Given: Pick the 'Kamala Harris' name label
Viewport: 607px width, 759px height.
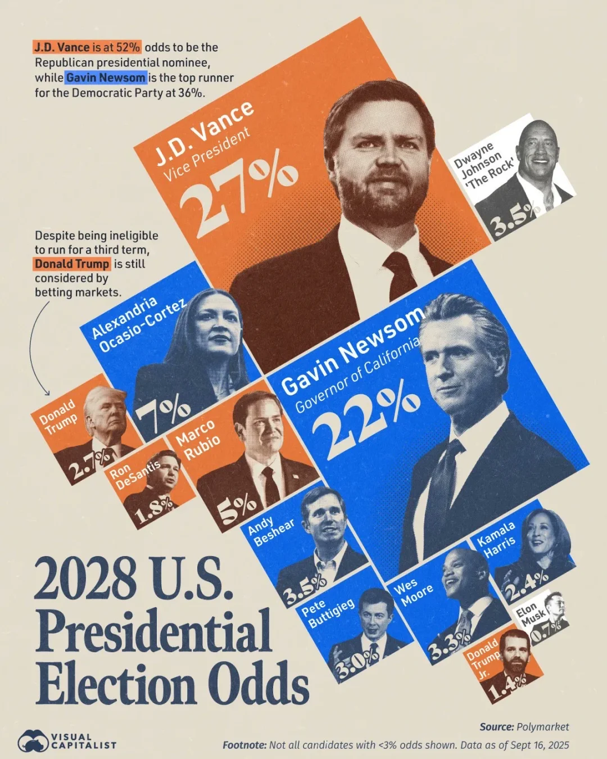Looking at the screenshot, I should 496,539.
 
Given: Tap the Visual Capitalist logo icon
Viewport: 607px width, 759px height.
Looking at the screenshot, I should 33,742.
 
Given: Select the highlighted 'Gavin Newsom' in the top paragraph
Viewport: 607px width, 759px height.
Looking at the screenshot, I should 106,78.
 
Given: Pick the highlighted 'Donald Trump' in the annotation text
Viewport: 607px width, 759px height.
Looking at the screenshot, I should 72,264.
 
